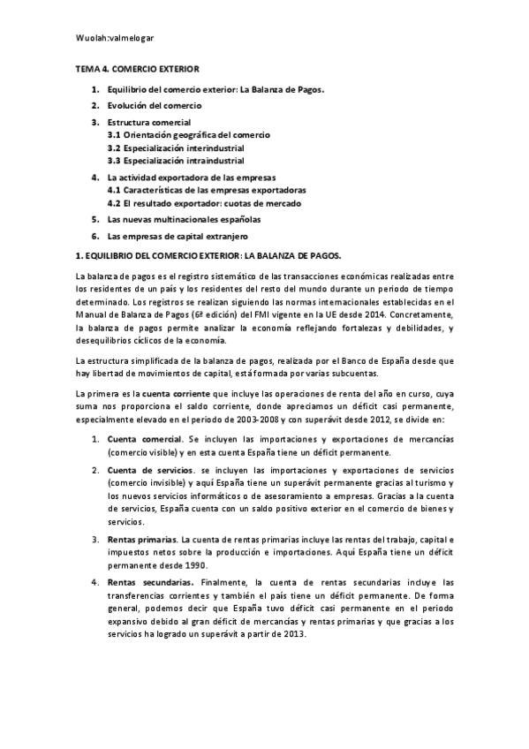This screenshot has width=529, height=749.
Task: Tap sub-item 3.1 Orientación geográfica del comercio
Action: pyautogui.click(x=189, y=134)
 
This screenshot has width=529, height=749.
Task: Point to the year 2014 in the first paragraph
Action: pyautogui.click(x=397, y=315)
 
